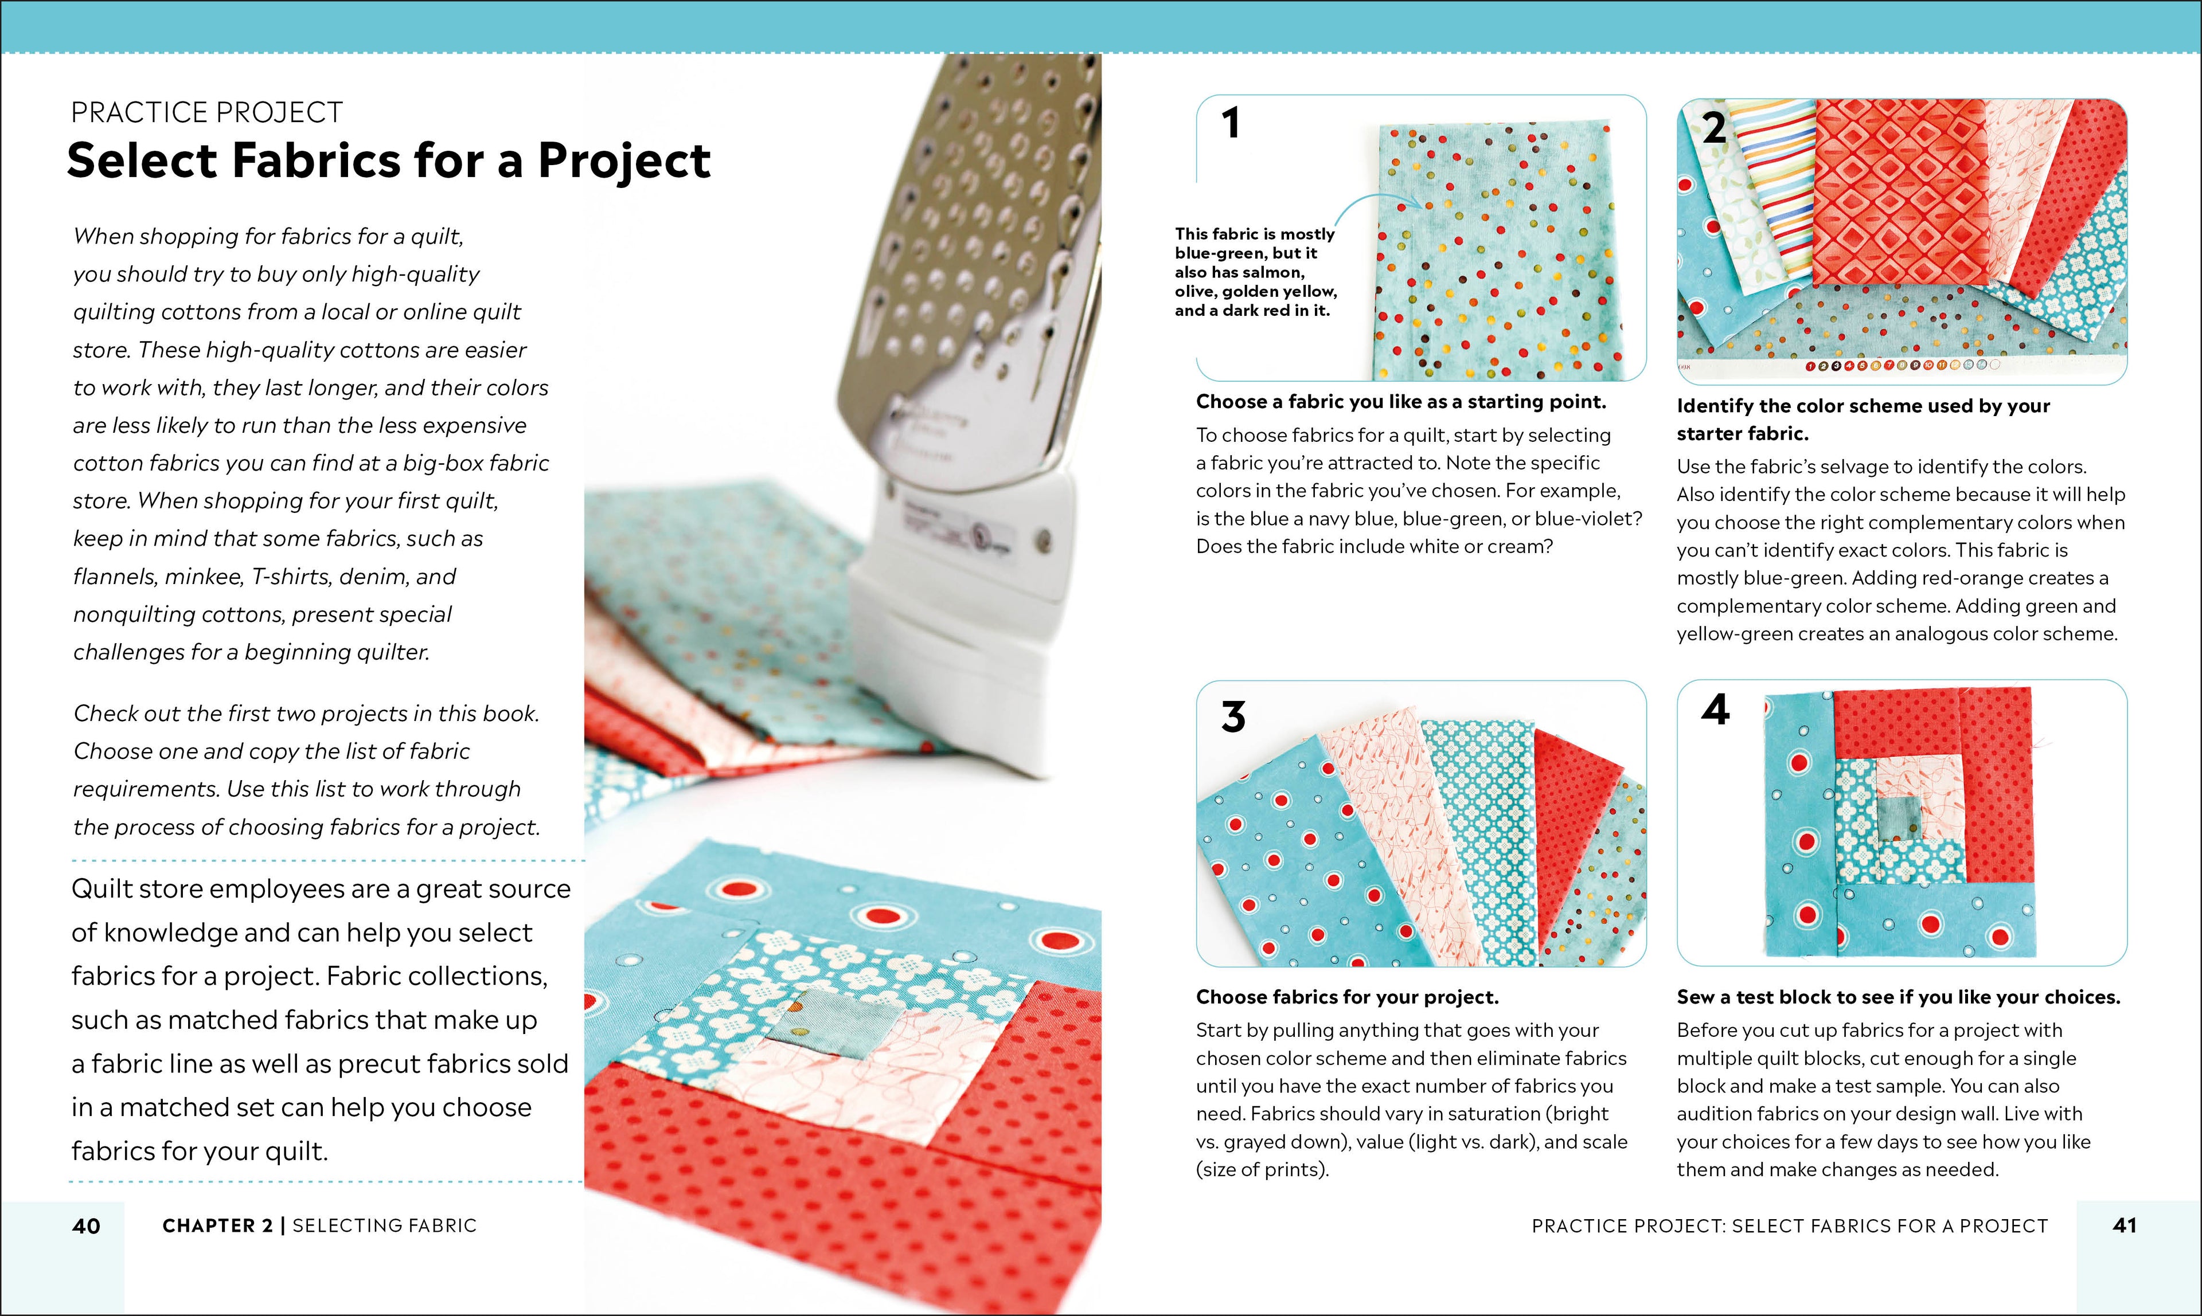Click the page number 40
(x=86, y=1225)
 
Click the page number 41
(x=2124, y=1225)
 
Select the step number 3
(x=1233, y=716)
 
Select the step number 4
(x=1715, y=710)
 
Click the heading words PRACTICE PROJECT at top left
(x=206, y=112)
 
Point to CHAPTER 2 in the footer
(x=217, y=1225)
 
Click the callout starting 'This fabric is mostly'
(x=1255, y=271)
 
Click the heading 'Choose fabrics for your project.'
(x=1347, y=997)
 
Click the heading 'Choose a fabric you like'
(x=1400, y=402)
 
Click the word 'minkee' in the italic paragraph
(x=204, y=577)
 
